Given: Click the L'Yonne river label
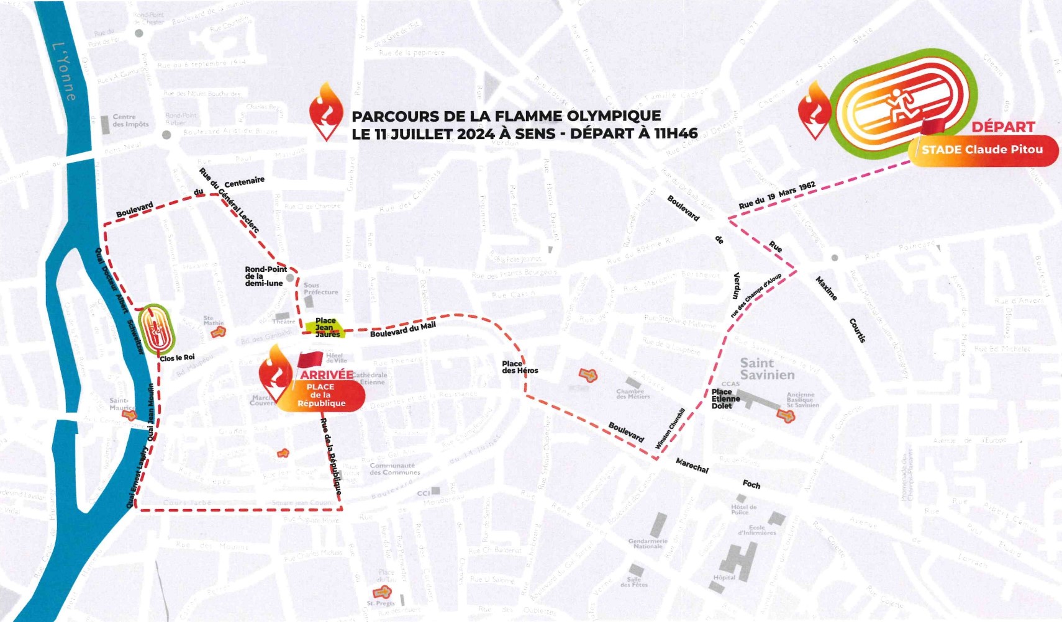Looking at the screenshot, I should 65,71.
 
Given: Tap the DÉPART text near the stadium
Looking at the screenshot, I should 1003,127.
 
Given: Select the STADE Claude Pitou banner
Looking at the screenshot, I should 983,150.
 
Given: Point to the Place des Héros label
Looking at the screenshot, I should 520,367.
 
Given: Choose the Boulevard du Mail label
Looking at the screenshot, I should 402,330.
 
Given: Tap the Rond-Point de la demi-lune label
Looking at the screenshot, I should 265,276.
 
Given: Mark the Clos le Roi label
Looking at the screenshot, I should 177,358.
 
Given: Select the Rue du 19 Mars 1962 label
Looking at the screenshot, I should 776,196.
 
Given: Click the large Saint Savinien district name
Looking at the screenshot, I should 766,369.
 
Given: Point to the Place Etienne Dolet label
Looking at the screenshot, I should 725,399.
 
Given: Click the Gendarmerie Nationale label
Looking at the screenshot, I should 647,544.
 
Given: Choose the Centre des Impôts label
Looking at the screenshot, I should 130,120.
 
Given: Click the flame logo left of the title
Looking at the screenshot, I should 327,112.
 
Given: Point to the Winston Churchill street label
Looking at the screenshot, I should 671,428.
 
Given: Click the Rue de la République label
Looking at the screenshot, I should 331,456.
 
